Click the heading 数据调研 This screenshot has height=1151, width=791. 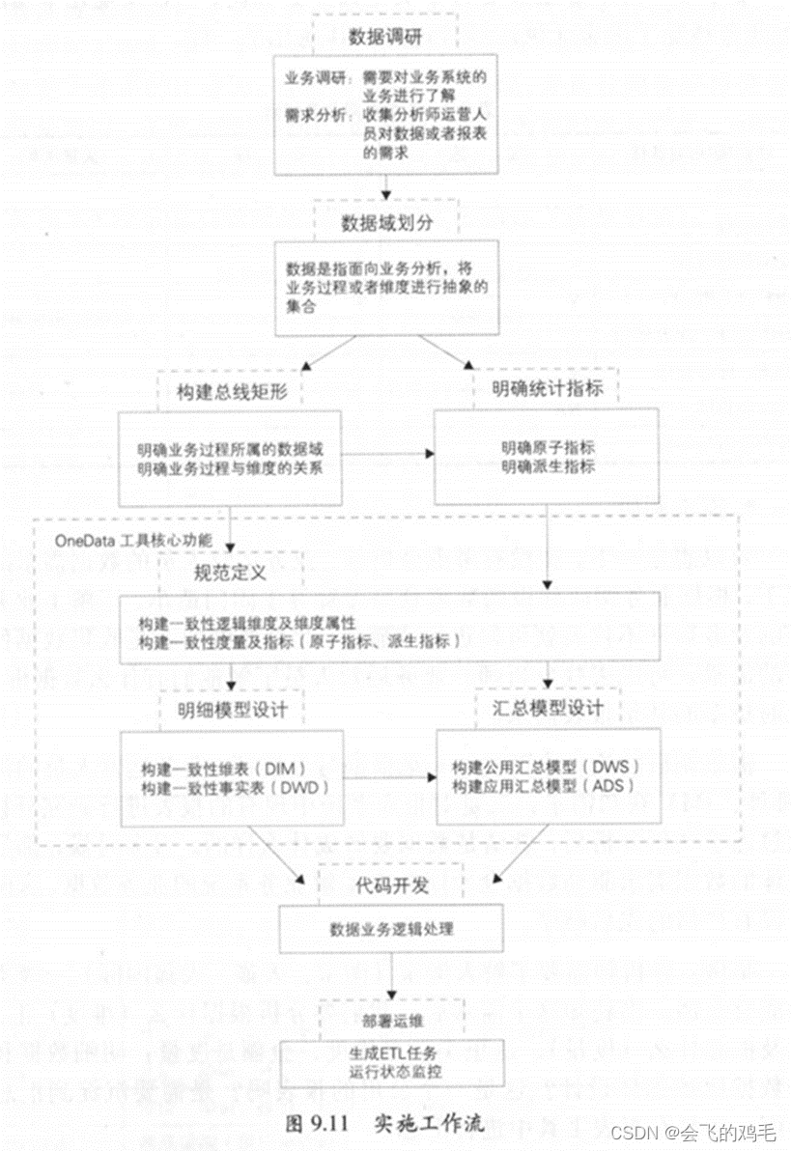385,38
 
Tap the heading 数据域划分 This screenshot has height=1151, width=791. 385,221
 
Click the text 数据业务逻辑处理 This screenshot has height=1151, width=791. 391,930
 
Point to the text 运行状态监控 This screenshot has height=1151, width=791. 391,1073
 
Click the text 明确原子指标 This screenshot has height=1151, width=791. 547,448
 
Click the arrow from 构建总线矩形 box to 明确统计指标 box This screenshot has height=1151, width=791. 386,453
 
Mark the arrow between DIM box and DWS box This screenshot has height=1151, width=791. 388,777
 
